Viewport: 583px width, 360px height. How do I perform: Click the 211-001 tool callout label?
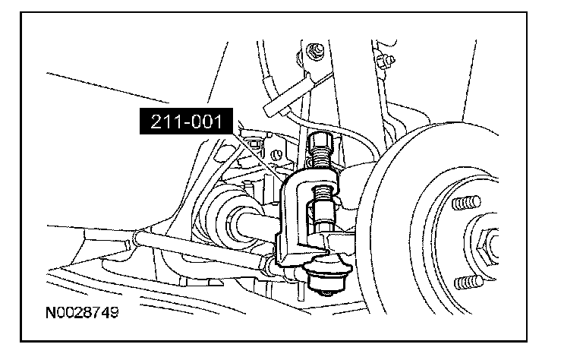[186, 122]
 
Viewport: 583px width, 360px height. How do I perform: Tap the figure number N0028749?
[82, 312]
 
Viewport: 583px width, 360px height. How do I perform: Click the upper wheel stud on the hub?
[466, 203]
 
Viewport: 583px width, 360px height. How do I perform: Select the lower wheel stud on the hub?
[468, 283]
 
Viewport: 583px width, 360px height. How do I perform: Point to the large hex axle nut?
[488, 246]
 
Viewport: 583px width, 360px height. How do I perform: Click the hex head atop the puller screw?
[319, 141]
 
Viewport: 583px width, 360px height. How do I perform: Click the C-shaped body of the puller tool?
[294, 219]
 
